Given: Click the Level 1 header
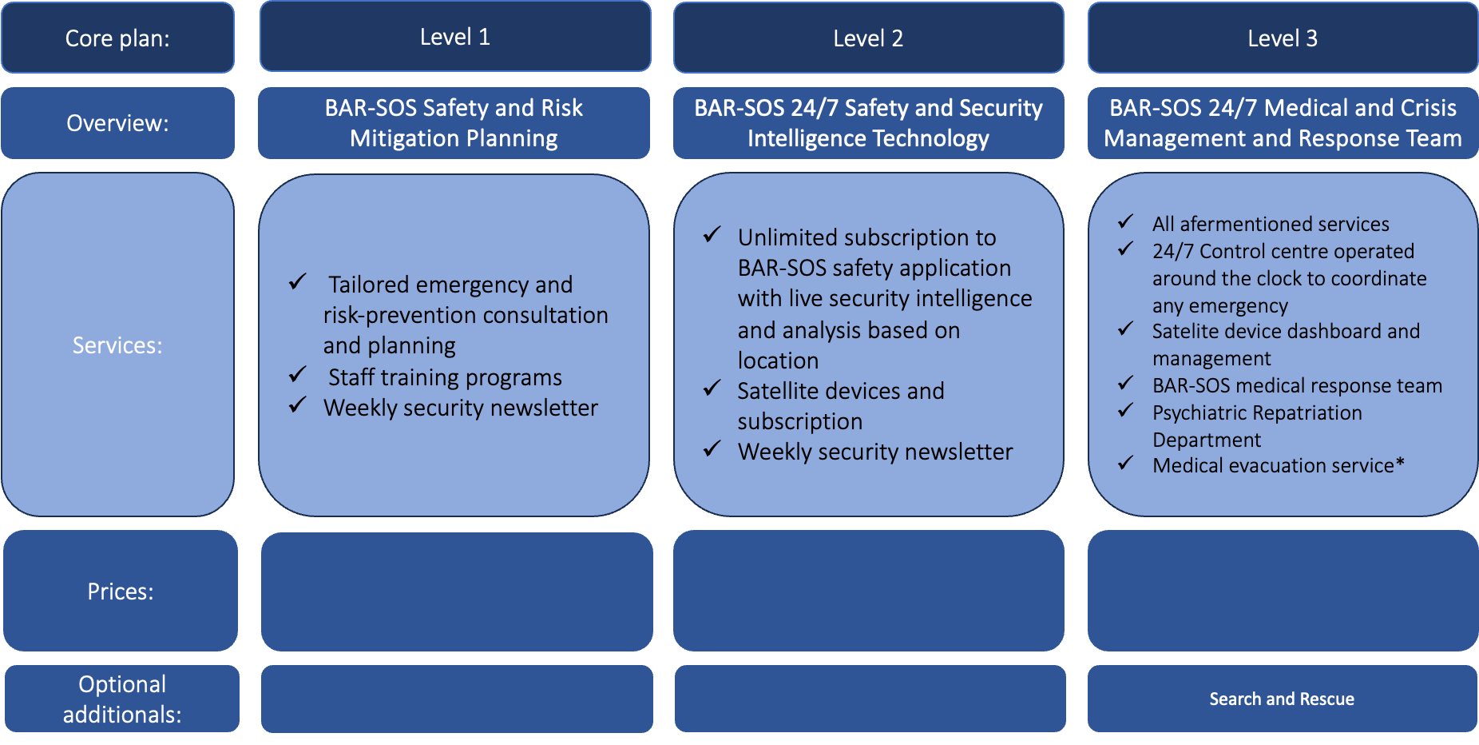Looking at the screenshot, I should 455,37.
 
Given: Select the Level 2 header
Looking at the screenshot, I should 868,38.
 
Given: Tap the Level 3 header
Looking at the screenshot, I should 1283,38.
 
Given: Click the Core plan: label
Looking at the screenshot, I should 117,38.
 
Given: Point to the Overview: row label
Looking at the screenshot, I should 117,123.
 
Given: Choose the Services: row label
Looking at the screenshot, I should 117,345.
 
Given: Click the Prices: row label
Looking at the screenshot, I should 120,592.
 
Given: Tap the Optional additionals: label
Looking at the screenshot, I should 122,699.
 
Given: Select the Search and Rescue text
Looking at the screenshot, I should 1282,699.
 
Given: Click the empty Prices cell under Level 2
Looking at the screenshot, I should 868,592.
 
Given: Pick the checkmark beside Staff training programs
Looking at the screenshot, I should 298,375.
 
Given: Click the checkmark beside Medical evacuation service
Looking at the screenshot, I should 1126,463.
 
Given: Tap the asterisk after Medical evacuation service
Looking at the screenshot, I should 1400,463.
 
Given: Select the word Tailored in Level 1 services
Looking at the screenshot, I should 369,285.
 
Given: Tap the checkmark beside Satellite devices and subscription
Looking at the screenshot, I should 712,388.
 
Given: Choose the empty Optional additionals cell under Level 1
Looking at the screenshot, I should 457,699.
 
